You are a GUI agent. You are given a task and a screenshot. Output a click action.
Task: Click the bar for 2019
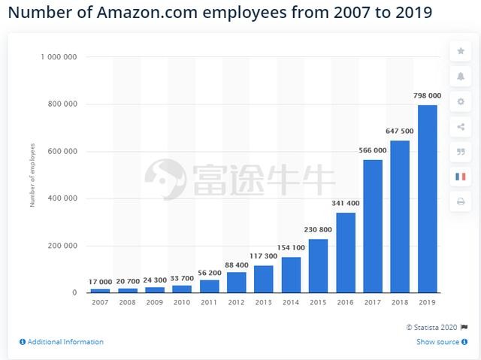point(428,198)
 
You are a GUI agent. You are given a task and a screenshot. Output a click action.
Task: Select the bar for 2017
point(373,225)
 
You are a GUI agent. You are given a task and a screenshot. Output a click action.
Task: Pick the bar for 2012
point(237,282)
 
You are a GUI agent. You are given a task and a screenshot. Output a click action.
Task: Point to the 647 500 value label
point(401,131)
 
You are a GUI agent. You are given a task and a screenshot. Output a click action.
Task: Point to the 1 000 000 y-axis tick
point(60,57)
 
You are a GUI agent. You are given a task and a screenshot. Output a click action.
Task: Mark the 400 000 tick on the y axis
point(63,198)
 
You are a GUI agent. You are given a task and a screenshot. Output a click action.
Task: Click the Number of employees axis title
point(33,175)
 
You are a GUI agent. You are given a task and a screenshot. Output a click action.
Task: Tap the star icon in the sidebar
point(461,51)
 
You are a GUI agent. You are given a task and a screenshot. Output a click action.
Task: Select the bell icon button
point(461,76)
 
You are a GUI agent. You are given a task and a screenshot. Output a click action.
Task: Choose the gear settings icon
point(461,101)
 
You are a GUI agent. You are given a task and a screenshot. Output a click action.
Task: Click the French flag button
point(461,177)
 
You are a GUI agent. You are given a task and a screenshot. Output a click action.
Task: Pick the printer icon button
point(461,201)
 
